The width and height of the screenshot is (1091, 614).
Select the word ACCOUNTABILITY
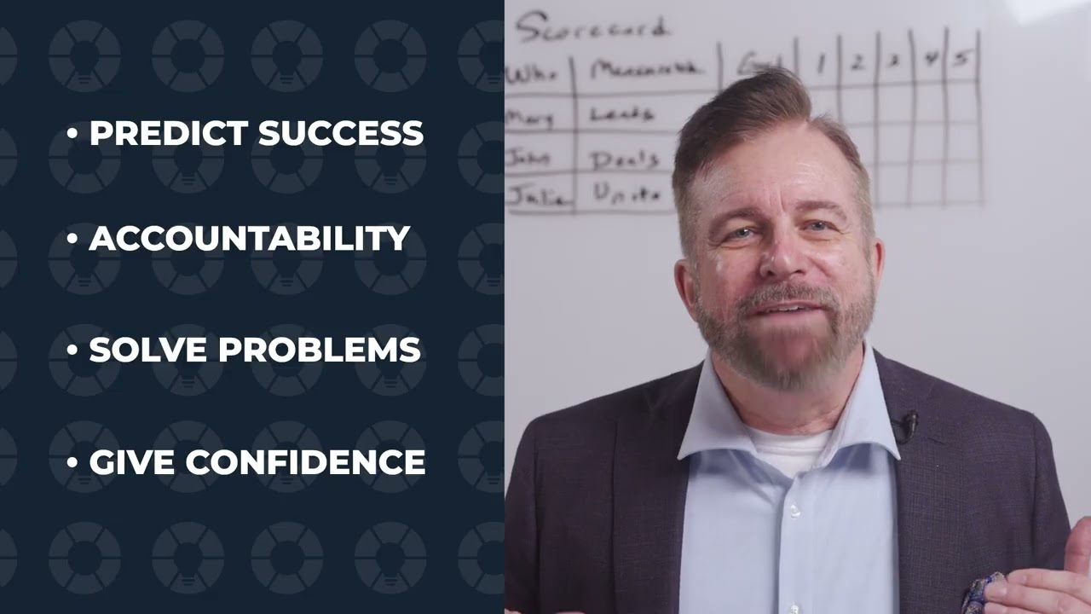250,239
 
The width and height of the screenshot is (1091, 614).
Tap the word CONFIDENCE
305,462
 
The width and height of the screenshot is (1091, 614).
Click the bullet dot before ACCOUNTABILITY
72,240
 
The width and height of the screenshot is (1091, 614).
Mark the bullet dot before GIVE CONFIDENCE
72,463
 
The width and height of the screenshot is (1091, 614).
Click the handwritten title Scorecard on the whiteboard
591,28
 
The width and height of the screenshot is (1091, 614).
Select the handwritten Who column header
532,74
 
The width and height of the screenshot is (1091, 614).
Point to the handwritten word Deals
625,159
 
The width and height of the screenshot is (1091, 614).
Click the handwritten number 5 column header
961,61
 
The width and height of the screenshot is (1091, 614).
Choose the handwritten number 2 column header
857,62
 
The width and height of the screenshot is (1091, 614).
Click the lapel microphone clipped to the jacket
909,422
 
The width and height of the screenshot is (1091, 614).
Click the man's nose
776,256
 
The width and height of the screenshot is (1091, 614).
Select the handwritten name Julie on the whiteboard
537,196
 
